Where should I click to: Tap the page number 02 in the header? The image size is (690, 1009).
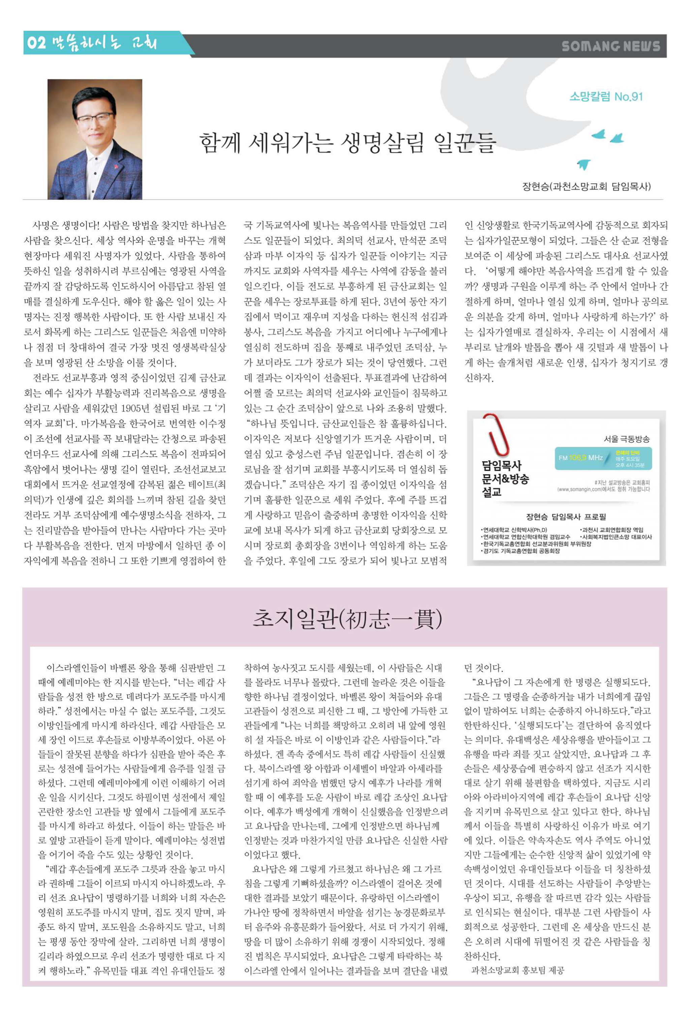tap(36, 43)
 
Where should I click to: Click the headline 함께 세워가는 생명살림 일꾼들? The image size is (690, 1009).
tap(347, 143)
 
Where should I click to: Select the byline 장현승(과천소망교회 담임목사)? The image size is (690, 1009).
tap(586, 187)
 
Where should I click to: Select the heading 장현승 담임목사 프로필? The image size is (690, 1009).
tap(566, 517)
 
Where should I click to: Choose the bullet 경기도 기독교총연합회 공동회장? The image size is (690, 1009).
tap(521, 550)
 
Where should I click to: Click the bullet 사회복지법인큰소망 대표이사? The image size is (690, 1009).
tap(616, 537)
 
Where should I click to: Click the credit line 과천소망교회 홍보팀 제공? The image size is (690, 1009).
tap(517, 970)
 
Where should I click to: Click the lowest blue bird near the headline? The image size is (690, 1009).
tap(584, 165)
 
